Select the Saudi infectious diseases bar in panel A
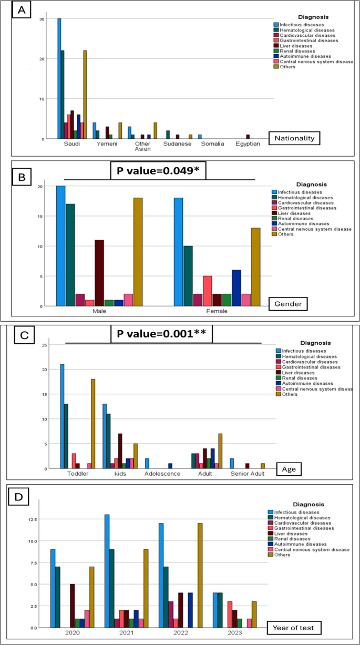pyautogui.click(x=59, y=79)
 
